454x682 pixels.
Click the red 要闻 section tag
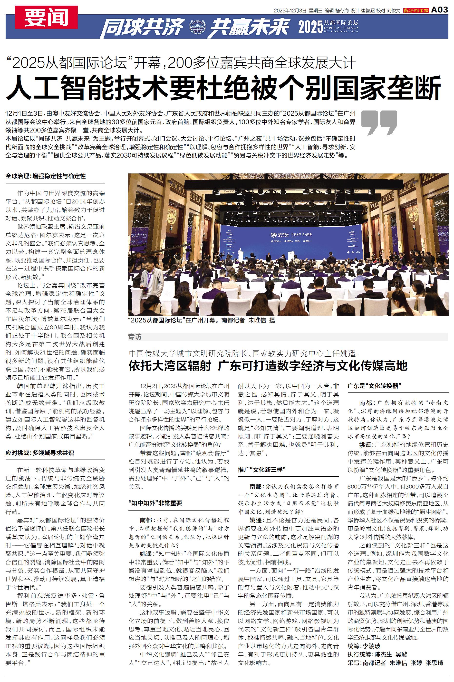pyautogui.click(x=46, y=17)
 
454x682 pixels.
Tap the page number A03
pyautogui.click(x=440, y=10)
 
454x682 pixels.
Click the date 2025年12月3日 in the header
pyautogui.click(x=290, y=11)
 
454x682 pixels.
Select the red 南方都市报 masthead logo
pyautogui.click(x=416, y=11)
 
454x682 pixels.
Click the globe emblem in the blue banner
pyautogui.click(x=197, y=28)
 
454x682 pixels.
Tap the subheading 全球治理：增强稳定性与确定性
pyautogui.click(x=46, y=176)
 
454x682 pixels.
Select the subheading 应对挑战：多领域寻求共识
pyautogui.click(x=40, y=453)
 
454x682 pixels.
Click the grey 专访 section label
pyautogui.click(x=135, y=337)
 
